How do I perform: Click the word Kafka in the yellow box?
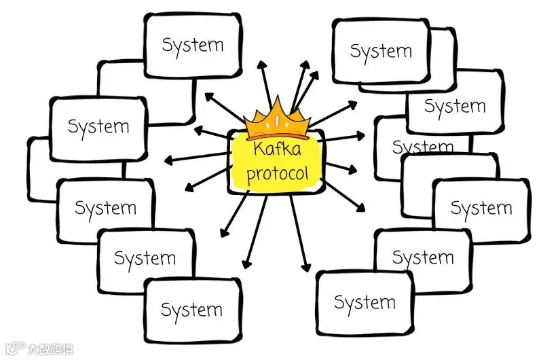(x=277, y=151)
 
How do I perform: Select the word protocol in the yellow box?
(x=277, y=173)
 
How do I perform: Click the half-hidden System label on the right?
(x=422, y=147)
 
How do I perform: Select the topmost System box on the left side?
(x=193, y=46)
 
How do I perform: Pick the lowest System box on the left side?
(x=192, y=310)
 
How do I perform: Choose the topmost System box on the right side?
(x=381, y=51)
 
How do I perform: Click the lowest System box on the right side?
(x=365, y=303)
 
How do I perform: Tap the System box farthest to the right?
(x=481, y=209)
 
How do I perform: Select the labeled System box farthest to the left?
(x=98, y=127)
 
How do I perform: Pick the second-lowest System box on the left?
(x=145, y=259)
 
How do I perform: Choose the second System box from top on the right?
(x=455, y=107)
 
